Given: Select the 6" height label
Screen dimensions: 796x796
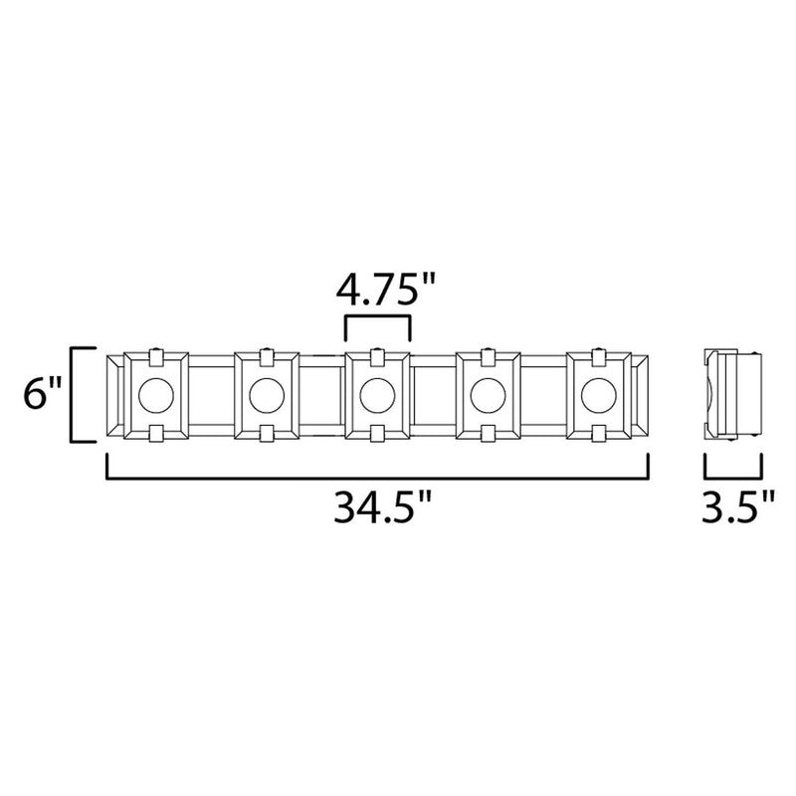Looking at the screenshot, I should pyautogui.click(x=42, y=395).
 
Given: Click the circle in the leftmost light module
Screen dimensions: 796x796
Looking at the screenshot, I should pyautogui.click(x=157, y=395).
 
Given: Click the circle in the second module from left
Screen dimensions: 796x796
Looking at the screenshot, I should pyautogui.click(x=267, y=395).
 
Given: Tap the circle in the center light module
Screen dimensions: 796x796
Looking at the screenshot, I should pyautogui.click(x=377, y=395).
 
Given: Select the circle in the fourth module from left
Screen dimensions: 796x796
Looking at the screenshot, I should pyautogui.click(x=488, y=395).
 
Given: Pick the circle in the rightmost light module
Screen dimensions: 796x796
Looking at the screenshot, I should pyautogui.click(x=598, y=395).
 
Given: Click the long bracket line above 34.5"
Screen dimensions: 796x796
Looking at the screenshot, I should pyautogui.click(x=377, y=477).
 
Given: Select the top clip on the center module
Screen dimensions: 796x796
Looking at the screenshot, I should pyautogui.click(x=377, y=355).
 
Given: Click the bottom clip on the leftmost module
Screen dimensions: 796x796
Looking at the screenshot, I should pyautogui.click(x=157, y=435).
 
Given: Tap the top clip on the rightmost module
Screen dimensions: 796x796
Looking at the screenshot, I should pyautogui.click(x=598, y=355).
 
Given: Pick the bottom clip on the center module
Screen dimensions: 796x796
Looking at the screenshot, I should pyautogui.click(x=377, y=435).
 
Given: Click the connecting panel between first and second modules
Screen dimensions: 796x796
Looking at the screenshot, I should pyautogui.click(x=212, y=395).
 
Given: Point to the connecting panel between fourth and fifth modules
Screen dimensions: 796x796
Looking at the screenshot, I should pyautogui.click(x=542, y=395).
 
